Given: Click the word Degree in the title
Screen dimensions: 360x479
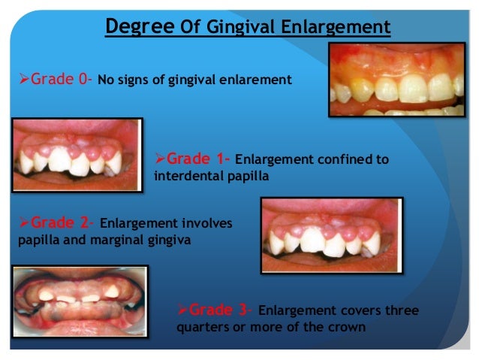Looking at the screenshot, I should [x=140, y=28].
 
